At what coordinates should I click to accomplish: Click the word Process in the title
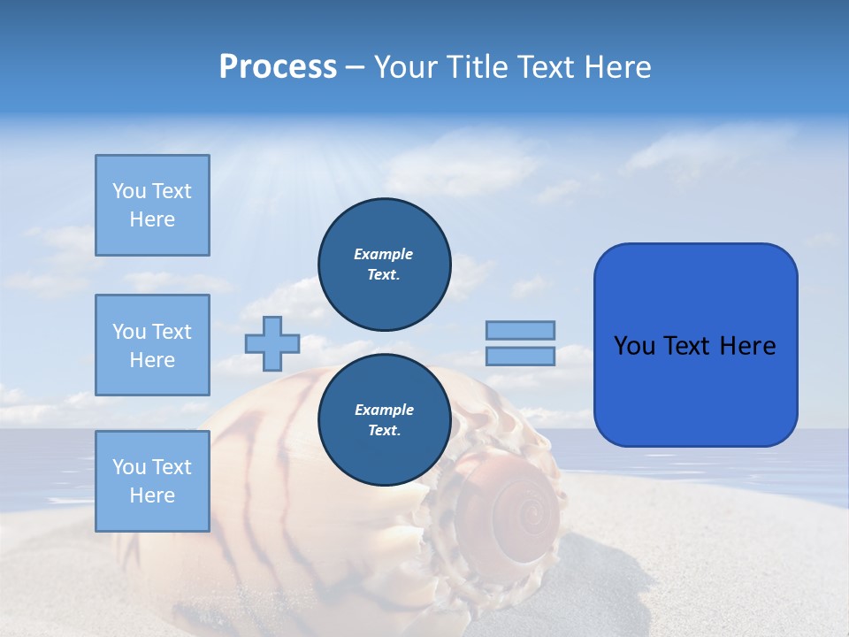278,67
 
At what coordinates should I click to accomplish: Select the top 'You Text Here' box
152,205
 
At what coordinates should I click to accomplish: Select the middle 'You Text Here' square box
152,345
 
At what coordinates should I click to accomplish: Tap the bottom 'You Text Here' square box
152,480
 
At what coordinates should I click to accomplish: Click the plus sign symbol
272,343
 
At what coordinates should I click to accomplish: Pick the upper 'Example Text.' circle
384,264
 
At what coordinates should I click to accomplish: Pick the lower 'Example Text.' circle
384,420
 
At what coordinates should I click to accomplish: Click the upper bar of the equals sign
520,330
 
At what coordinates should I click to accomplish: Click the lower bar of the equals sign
520,357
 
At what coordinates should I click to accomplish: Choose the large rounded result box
695,344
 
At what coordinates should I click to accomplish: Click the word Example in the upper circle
384,254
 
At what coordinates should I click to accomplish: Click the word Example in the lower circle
384,410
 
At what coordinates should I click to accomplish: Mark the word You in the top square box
129,191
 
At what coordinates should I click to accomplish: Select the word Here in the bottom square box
152,495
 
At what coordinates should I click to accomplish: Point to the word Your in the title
404,67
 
